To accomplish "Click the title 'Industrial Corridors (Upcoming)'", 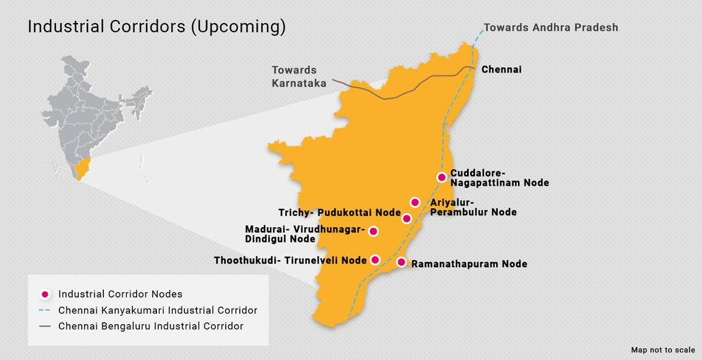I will point(156,27).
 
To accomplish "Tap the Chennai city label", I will point(501,69).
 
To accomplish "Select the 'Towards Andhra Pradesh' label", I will point(550,28).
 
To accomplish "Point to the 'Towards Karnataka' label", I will point(299,77).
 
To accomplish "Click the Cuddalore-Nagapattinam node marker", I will point(442,177).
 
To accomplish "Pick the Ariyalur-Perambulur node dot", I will point(414,202).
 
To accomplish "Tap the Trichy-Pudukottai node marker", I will point(406,219).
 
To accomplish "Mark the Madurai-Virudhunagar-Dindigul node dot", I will point(373,231).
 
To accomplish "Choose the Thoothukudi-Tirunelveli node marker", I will point(375,259).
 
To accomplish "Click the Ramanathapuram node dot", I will point(402,262).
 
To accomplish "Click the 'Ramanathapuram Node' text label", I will point(469,264).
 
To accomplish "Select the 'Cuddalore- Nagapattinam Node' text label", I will point(499,178).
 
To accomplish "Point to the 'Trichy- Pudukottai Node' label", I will point(339,212).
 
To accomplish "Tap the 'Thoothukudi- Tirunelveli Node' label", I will point(290,260).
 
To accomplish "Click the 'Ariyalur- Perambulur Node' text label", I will point(473,207).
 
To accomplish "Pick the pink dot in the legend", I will point(44,294).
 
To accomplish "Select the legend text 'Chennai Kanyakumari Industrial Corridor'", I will point(158,310).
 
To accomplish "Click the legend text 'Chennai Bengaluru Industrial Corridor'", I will point(151,326).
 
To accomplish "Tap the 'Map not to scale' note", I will point(663,350).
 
